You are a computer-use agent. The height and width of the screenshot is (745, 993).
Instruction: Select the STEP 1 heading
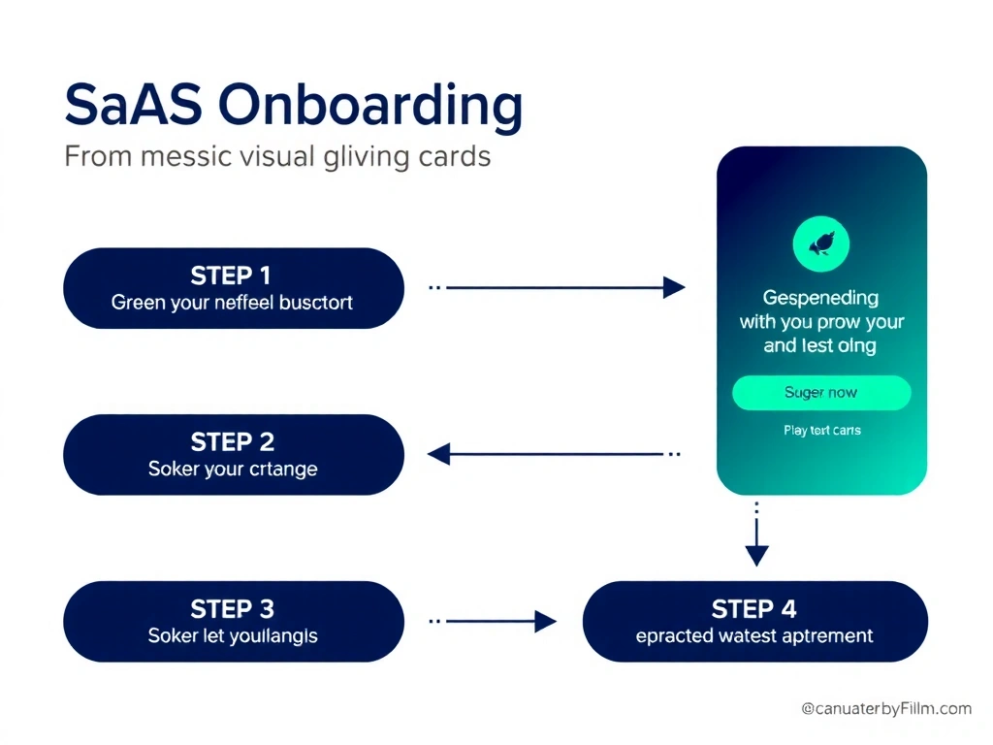click(x=231, y=275)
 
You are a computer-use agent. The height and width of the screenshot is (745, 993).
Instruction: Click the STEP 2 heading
click(x=233, y=442)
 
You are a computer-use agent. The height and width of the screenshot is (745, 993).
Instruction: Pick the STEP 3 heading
click(x=233, y=609)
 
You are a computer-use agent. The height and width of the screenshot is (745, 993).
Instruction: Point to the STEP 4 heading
click(x=753, y=609)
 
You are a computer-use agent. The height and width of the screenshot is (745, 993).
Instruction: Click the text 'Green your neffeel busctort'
click(x=232, y=302)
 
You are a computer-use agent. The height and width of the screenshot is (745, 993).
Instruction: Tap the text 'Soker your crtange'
click(x=233, y=469)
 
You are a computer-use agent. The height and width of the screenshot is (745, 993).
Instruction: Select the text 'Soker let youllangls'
click(x=233, y=636)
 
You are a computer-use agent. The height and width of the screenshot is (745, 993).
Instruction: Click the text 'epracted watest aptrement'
click(x=754, y=636)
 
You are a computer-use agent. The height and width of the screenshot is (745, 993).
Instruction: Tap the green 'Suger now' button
click(x=820, y=393)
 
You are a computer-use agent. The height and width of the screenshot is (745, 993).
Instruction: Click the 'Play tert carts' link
click(x=821, y=430)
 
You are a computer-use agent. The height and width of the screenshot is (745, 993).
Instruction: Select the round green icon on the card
click(x=820, y=243)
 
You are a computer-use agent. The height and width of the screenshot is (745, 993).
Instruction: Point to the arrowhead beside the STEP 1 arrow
click(x=674, y=287)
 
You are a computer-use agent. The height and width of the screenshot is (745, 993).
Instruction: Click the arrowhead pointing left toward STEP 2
click(x=439, y=454)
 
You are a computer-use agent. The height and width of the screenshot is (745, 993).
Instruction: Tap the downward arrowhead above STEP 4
click(x=756, y=555)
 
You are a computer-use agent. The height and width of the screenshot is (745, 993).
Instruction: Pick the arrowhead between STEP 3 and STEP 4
click(x=546, y=622)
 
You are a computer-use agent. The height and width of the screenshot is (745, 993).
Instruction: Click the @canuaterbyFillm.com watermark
click(x=886, y=709)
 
